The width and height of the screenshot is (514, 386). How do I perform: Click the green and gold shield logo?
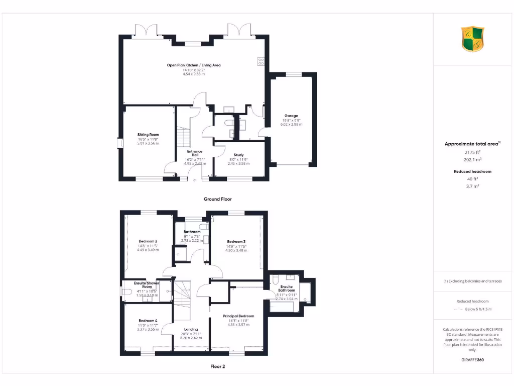472,39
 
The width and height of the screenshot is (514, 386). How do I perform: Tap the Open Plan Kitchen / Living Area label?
194,65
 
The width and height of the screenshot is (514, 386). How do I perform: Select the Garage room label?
291,116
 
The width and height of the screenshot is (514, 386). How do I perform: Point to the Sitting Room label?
148,135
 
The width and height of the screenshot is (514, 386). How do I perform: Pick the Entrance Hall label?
195,153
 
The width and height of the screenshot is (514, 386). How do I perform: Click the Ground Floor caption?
217,199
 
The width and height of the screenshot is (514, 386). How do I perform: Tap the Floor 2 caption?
217,366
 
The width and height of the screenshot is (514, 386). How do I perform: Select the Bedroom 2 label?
148,241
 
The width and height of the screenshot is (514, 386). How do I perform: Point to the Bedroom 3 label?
236,241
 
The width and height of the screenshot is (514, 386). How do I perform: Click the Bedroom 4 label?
148,321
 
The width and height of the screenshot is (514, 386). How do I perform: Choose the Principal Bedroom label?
238,316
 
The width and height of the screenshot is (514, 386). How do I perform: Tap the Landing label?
191,329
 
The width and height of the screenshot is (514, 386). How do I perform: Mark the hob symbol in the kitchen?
261,61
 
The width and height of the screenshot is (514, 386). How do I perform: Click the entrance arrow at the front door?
195,180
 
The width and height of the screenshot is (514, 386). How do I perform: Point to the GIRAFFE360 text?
472,360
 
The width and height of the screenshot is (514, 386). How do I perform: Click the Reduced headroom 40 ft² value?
472,179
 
